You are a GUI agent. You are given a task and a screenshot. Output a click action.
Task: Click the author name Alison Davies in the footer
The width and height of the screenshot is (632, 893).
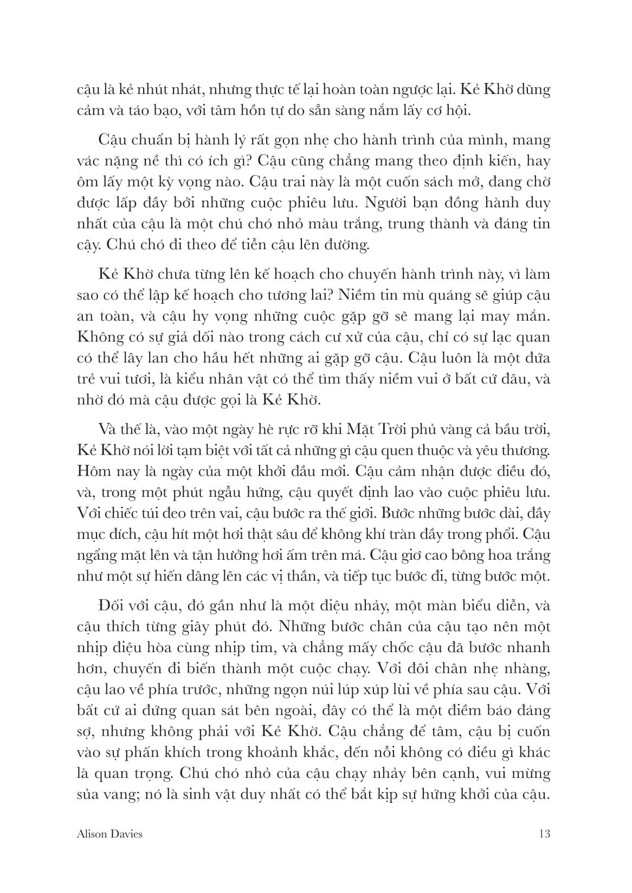(x=110, y=834)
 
